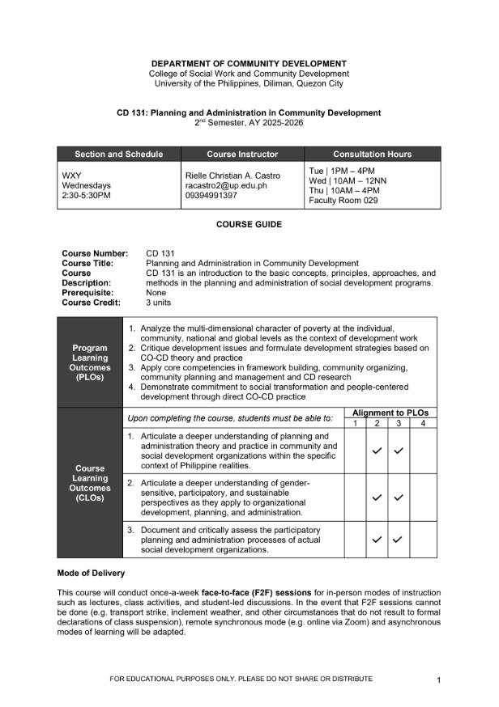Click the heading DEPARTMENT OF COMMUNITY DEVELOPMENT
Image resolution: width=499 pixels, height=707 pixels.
click(249, 63)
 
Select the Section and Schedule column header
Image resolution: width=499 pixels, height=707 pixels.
click(119, 155)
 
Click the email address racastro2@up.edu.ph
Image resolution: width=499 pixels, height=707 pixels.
click(226, 185)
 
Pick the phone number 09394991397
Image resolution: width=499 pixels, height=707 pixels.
click(212, 196)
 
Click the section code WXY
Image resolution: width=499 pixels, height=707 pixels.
click(73, 176)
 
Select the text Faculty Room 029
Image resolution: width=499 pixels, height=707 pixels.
click(343, 201)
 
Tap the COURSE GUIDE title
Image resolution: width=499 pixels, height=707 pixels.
click(249, 225)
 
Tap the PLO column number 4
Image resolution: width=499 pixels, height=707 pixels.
click(423, 423)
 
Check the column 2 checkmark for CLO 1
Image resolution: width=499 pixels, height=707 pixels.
click(377, 451)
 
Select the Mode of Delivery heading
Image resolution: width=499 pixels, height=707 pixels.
click(91, 574)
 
